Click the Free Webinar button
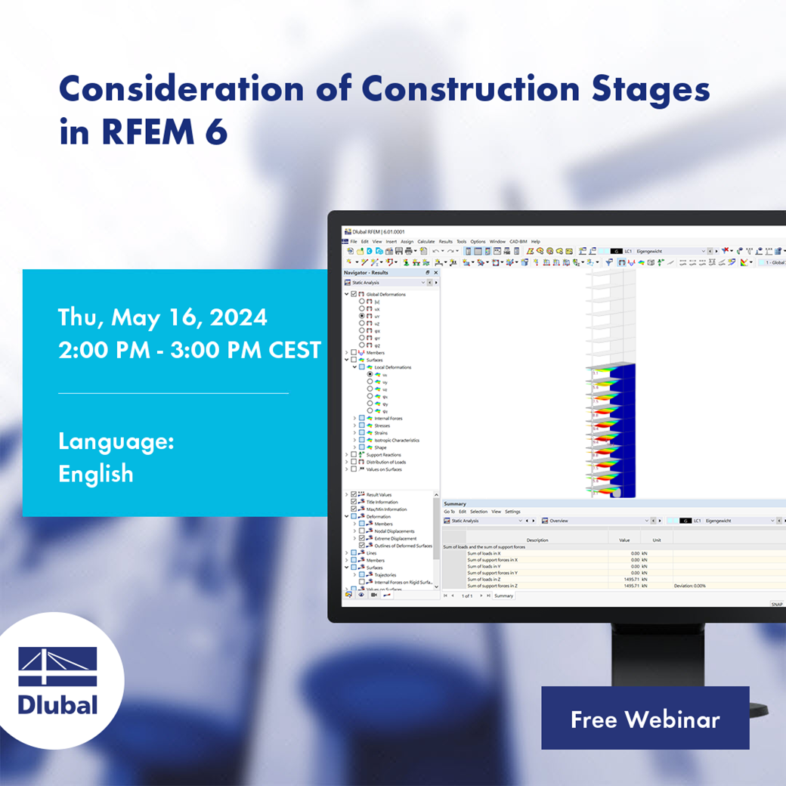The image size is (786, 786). [645, 719]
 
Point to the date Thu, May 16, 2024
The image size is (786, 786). [162, 317]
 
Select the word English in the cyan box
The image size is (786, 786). [96, 474]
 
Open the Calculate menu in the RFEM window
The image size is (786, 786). [426, 242]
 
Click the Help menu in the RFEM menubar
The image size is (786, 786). [535, 242]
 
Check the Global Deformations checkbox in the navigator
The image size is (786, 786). [354, 294]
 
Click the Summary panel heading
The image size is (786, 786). [455, 503]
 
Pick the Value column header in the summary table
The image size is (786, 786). [624, 540]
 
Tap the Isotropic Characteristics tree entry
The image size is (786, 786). [397, 440]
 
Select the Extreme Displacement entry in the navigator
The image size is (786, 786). [395, 538]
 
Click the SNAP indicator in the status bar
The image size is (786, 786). [777, 604]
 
